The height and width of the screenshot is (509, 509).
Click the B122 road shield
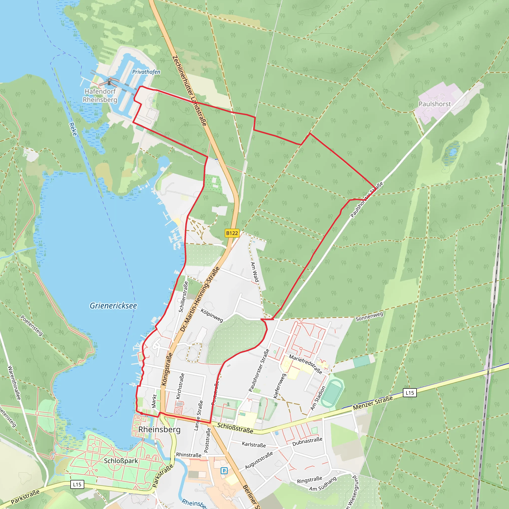point(232,233)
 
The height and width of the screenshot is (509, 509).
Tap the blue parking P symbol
point(224,470)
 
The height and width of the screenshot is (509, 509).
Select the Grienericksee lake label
point(113,306)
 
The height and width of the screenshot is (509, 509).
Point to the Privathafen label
point(146,72)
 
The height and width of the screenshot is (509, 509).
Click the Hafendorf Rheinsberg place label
point(100,95)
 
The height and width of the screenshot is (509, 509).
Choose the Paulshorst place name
point(435,104)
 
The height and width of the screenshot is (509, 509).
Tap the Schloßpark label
point(121,461)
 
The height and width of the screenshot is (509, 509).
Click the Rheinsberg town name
point(159,429)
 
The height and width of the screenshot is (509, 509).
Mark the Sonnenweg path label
point(369,316)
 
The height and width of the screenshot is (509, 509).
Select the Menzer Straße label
point(373,403)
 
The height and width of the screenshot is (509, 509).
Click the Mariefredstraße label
point(306,364)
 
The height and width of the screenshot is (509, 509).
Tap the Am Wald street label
point(254,272)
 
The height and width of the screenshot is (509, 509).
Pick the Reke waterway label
point(73,129)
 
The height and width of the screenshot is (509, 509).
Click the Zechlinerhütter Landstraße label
point(189,91)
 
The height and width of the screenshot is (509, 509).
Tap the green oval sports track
point(333,393)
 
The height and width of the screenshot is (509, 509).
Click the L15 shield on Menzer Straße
point(410,393)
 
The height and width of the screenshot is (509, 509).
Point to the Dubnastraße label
point(307,442)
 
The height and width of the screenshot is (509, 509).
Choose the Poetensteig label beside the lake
point(32,326)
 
